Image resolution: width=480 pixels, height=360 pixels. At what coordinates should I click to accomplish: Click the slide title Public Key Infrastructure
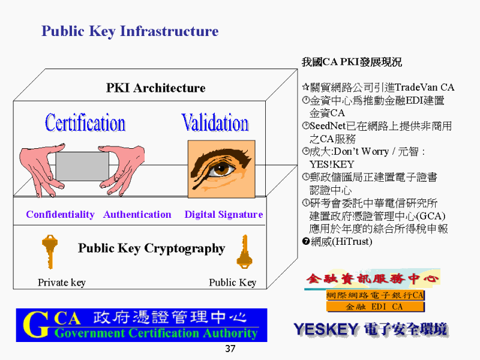tap(130, 32)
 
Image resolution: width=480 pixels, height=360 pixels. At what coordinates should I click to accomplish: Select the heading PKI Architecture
tap(156, 88)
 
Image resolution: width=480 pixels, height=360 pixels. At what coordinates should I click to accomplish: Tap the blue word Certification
tap(85, 122)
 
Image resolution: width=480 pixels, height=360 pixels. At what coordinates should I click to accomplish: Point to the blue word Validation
tap(215, 122)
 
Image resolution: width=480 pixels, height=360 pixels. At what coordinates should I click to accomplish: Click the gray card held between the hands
tap(82, 166)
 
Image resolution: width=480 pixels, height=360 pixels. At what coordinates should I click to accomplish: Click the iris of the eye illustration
tap(221, 169)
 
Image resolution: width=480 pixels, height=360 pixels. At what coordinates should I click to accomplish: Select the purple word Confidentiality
tap(61, 215)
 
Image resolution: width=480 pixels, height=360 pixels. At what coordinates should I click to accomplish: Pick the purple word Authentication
tap(137, 215)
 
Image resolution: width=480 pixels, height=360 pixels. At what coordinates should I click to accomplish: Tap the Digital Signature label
tap(224, 215)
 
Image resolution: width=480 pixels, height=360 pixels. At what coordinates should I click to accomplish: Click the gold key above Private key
tap(50, 251)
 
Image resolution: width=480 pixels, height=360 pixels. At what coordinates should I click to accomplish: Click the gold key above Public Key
tap(244, 251)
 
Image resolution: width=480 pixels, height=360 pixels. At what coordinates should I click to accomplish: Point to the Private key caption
tap(62, 282)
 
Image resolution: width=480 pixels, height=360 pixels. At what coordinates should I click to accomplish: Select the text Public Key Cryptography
tap(152, 248)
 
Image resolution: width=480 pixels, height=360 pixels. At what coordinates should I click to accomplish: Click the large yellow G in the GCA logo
tap(36, 325)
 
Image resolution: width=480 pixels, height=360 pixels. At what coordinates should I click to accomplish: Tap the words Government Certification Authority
tap(156, 333)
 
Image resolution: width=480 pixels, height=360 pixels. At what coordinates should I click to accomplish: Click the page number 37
tap(230, 349)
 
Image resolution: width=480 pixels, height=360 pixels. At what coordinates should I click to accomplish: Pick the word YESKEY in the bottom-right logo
tap(326, 329)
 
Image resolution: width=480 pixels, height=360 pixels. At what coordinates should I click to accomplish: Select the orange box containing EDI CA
tap(376, 307)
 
